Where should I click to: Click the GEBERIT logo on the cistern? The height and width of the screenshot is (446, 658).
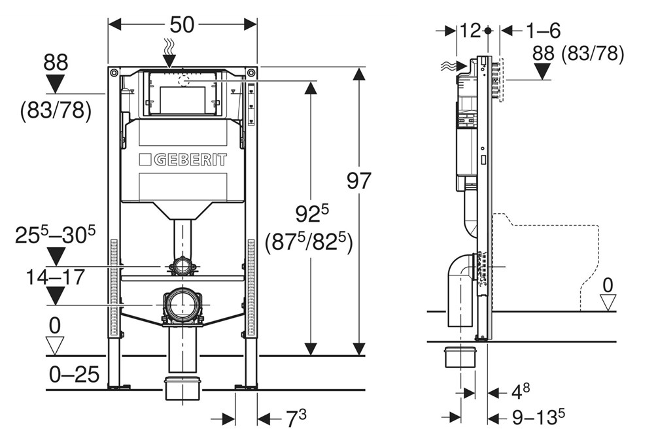183,160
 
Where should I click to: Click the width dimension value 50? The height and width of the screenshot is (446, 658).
182,25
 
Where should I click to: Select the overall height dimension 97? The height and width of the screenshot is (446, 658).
359,181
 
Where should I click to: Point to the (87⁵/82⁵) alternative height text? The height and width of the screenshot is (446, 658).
309,242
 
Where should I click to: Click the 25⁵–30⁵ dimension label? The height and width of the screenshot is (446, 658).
56,235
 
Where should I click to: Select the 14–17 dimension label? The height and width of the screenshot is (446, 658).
56,277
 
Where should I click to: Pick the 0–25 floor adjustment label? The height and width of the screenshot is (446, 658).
75,375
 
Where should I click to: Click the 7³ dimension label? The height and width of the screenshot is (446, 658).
296,419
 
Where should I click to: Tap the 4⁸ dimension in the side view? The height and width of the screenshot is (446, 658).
521,392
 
